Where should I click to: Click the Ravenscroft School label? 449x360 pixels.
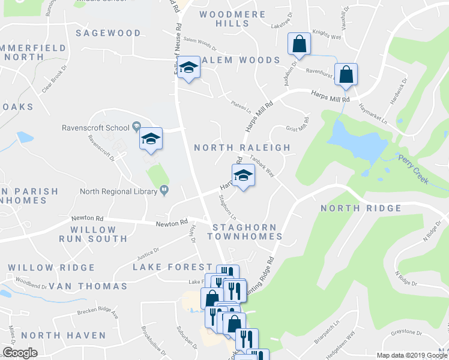pos(95,127)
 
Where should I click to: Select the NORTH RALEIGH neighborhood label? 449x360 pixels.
pos(242,148)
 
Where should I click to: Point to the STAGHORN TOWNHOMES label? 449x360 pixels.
pos(245,232)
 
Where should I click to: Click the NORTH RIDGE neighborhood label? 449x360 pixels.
pos(361,208)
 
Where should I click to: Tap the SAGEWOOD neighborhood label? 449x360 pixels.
pos(108,33)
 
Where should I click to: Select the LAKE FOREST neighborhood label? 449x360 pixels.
pos(165,266)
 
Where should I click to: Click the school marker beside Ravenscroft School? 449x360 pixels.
pos(151,140)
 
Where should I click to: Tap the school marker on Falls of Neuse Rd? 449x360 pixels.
pos(188,68)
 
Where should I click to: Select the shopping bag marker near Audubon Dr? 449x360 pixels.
pos(299,44)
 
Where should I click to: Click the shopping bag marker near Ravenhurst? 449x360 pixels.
pos(346,75)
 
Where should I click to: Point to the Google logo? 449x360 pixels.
pos(20,353)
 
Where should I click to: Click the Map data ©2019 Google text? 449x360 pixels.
pos(411,355)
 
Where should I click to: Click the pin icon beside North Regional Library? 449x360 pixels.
pos(163,191)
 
